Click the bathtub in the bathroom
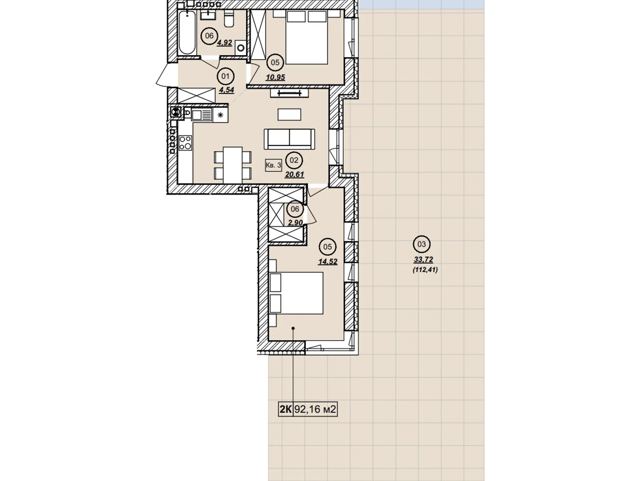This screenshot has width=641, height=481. pyautogui.click(x=187, y=32)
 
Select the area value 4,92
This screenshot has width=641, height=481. pyautogui.click(x=224, y=43)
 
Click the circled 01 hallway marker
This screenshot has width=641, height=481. pyautogui.click(x=225, y=77)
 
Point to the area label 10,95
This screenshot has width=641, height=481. pyautogui.click(x=275, y=77)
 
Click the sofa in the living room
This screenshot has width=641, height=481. pyautogui.click(x=289, y=139)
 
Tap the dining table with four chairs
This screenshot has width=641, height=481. pyautogui.click(x=233, y=165)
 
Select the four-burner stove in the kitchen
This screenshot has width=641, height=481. pyautogui.click(x=185, y=143)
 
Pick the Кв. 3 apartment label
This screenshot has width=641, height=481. pyautogui.click(x=273, y=165)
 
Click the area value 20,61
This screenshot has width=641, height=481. pyautogui.click(x=294, y=174)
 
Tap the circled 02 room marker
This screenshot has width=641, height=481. pyautogui.click(x=294, y=160)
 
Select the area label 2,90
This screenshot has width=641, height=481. pyautogui.click(x=295, y=222)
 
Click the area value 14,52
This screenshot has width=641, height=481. pyautogui.click(x=328, y=261)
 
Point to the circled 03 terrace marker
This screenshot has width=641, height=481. pyautogui.click(x=421, y=244)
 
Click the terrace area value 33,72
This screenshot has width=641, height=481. pyautogui.click(x=423, y=259)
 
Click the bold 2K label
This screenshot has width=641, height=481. pyautogui.click(x=286, y=409)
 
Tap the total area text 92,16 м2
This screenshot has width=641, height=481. pyautogui.click(x=315, y=409)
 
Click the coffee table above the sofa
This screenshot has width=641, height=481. pyautogui.click(x=289, y=115)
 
